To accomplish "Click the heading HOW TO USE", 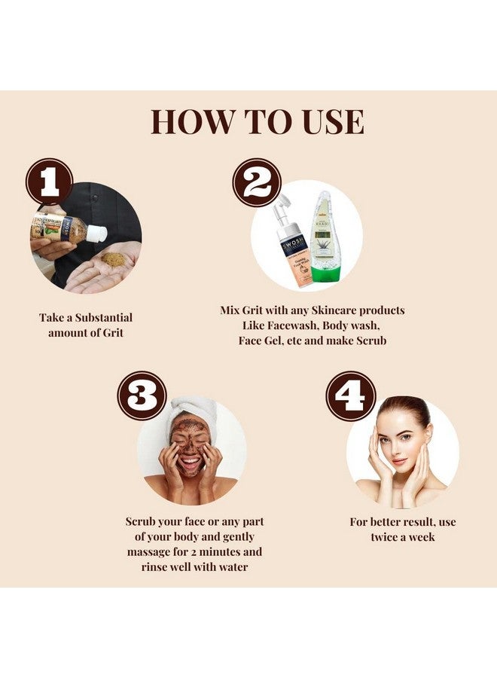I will pos(257,121).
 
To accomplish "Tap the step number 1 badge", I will pos(49,182).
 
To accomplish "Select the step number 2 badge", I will pos(256,182).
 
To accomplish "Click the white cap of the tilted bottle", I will pos(95,234).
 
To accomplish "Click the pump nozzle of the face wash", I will pos(282,205).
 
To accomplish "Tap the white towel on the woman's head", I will pos(191,410).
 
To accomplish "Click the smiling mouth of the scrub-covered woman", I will pos(190,461).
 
